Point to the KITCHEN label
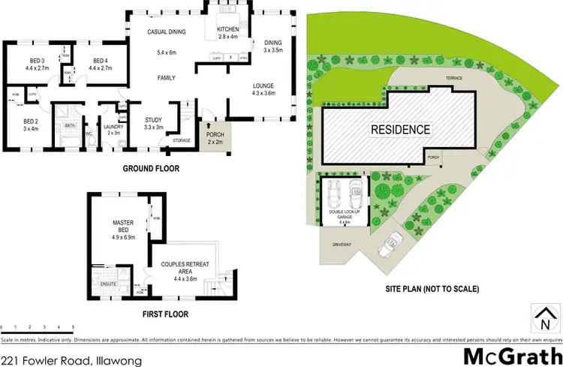[227, 30]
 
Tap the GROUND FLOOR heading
[151, 169]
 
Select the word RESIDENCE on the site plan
[401, 129]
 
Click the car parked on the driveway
[390, 242]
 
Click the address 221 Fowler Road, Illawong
[71, 359]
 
